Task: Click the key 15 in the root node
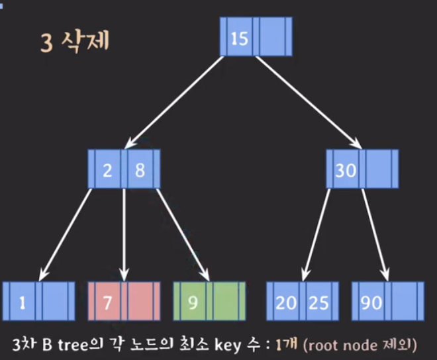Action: (240, 38)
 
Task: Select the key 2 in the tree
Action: (107, 170)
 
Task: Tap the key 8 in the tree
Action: (140, 170)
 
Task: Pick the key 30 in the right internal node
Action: (346, 170)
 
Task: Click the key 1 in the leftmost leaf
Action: (23, 302)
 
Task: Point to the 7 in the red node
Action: (107, 302)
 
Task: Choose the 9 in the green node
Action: (193, 302)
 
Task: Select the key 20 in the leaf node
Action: (286, 302)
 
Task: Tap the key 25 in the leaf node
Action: (318, 302)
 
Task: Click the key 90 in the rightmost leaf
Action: (371, 302)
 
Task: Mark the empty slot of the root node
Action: (272, 36)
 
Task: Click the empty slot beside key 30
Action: (379, 169)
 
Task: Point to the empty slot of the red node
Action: (140, 301)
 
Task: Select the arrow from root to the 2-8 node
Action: (174, 103)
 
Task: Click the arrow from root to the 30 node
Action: (309, 103)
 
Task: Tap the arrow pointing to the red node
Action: (124, 235)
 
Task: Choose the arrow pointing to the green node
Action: (183, 235)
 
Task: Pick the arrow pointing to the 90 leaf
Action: (375, 235)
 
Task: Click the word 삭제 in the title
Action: (85, 41)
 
